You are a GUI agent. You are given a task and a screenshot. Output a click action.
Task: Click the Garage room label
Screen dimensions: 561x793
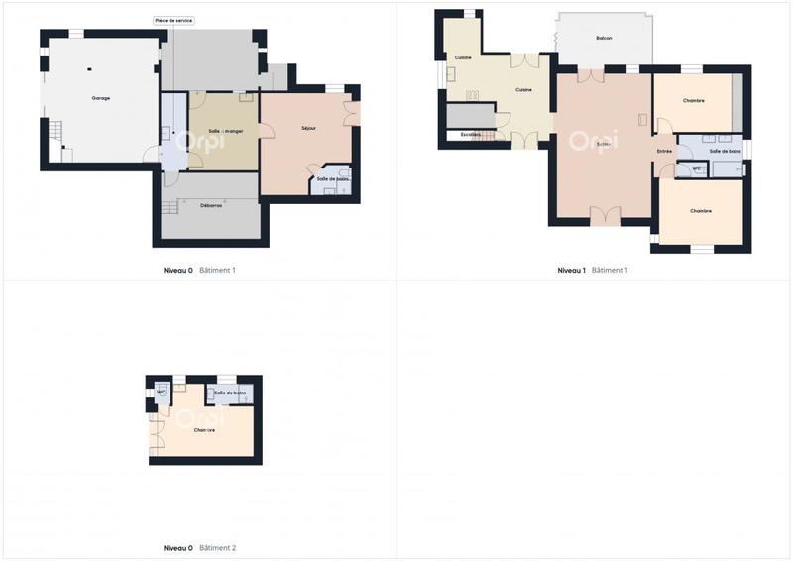tap(100, 98)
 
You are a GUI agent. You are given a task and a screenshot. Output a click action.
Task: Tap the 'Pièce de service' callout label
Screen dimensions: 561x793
tap(173, 20)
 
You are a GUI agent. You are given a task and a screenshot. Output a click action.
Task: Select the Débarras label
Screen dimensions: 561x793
tap(210, 205)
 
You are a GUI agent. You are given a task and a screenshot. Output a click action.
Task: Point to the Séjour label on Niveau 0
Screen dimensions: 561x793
tap(308, 129)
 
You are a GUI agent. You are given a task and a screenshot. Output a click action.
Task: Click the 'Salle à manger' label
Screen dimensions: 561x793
tap(226, 131)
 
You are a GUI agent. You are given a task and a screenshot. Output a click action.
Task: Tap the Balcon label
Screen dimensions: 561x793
tap(604, 38)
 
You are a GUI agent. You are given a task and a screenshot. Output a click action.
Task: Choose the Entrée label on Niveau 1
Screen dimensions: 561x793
tap(663, 151)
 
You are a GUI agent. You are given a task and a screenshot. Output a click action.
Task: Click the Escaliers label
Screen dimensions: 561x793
tap(470, 134)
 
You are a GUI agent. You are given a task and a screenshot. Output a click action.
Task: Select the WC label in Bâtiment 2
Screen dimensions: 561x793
tap(160, 393)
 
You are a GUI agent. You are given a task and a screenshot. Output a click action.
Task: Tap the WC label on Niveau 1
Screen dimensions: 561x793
tap(697, 168)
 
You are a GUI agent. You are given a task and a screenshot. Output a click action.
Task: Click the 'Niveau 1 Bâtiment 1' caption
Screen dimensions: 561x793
tap(592, 270)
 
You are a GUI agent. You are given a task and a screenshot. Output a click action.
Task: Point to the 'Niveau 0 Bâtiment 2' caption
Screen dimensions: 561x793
tap(199, 547)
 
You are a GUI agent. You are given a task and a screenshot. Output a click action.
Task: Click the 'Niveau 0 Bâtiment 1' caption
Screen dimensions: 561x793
tap(199, 270)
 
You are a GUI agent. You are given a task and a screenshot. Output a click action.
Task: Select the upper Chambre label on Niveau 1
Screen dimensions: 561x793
tap(693, 100)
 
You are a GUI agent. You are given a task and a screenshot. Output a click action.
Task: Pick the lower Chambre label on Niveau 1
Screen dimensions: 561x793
tap(701, 211)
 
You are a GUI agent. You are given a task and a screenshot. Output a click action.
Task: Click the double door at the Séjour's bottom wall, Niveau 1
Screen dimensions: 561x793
tap(605, 215)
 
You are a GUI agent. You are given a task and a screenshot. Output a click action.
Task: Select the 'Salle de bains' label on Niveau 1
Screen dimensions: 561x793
tap(725, 151)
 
